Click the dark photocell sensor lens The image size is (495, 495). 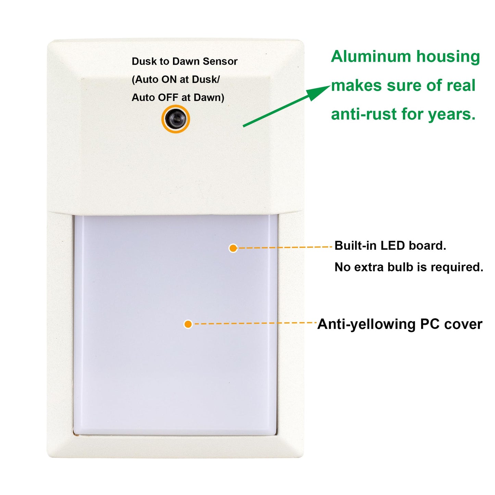point(175,119)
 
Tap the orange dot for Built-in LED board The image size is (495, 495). point(233,248)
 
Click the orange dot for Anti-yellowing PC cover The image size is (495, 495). point(188,324)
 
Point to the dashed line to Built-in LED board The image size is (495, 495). point(285,248)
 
